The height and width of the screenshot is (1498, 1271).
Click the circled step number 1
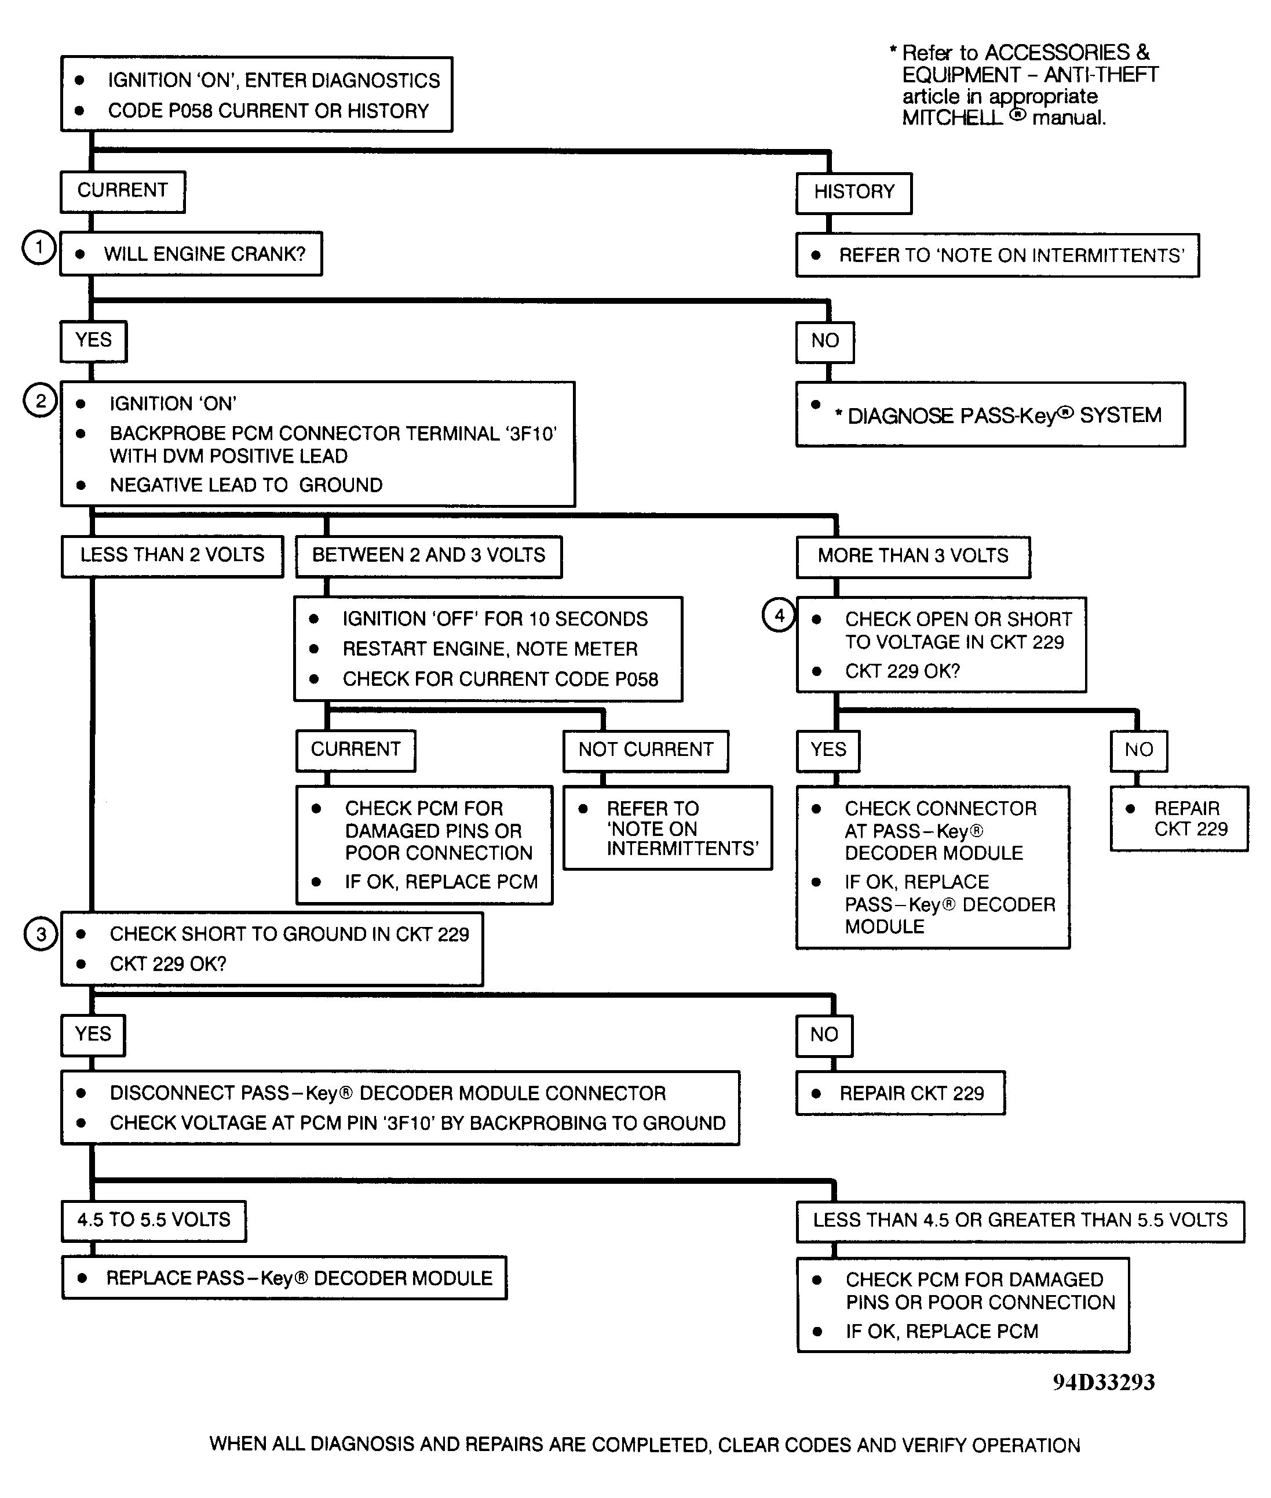point(38,248)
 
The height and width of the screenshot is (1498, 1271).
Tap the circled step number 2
point(41,400)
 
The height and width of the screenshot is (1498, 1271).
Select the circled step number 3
point(41,935)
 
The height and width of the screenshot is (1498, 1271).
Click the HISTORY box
point(854,192)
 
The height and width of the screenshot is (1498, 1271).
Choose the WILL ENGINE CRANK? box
point(191,254)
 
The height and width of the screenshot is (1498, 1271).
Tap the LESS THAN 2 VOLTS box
point(172,556)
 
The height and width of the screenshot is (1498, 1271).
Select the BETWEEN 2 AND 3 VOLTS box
point(429,556)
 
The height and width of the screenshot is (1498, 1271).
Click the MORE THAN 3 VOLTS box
point(913,557)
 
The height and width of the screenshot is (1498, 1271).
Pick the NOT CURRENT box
point(645,750)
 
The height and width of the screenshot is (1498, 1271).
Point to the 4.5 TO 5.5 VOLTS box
point(154,1220)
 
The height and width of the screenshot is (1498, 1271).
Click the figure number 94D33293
point(1103,1383)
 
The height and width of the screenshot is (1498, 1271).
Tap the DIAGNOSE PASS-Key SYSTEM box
point(990,415)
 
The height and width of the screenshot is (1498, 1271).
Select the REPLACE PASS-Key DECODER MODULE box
point(284,1278)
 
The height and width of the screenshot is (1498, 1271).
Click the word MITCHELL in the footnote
point(952,118)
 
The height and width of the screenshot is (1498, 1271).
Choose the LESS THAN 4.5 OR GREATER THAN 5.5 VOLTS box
point(1020,1220)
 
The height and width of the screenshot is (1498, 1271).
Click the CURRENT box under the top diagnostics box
point(122,191)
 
